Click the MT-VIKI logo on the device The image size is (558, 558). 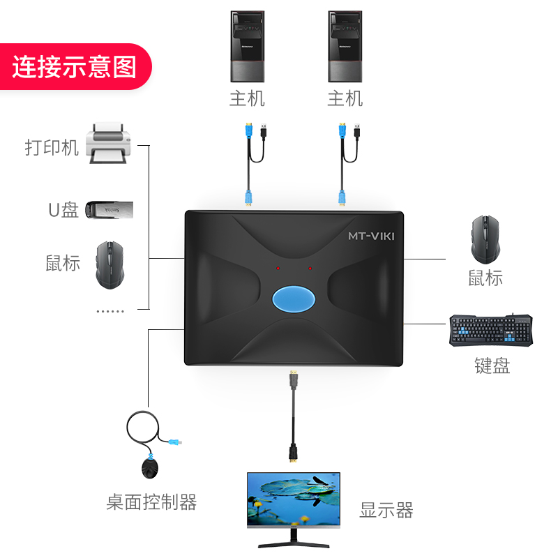click(371, 236)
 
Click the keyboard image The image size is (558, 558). click(491, 330)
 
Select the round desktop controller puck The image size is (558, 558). click(150, 468)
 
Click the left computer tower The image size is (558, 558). click(247, 47)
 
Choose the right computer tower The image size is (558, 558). click(345, 47)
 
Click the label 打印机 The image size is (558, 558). click(52, 148)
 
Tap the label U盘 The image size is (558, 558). click(63, 210)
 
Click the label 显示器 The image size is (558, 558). click(386, 510)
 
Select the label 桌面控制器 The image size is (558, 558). click(151, 502)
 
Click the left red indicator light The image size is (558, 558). click(278, 268)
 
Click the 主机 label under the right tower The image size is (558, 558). click(345, 98)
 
